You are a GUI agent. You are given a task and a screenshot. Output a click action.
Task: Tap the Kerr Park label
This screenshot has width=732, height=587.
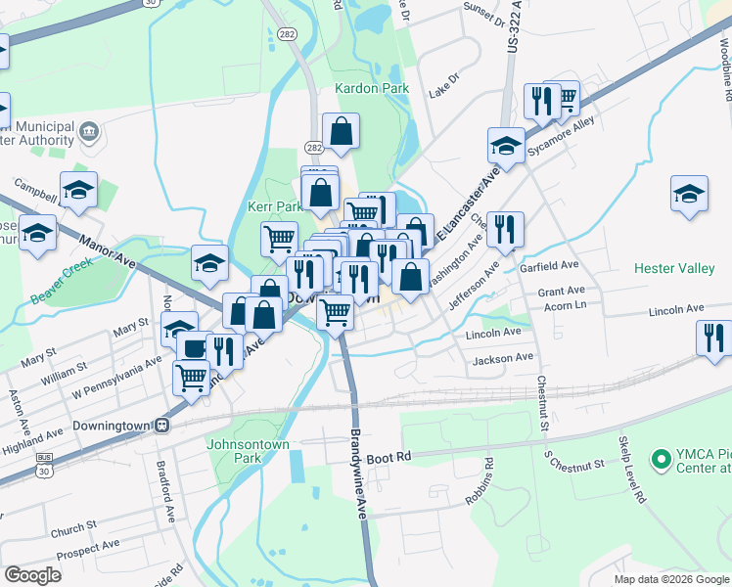pos(275,207)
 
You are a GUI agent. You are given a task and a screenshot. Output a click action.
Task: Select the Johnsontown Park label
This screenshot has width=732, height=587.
pos(249,450)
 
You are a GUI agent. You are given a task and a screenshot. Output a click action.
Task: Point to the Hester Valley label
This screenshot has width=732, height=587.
pos(674,267)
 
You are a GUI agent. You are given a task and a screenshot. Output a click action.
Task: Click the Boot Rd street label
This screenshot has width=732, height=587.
pos(389,458)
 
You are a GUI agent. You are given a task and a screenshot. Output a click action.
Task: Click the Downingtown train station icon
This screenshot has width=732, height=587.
pos(164,427)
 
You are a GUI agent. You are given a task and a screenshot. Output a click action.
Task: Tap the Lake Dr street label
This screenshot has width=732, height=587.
pos(443,85)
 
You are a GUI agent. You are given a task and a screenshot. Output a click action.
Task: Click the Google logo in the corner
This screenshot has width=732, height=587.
pos(31,575)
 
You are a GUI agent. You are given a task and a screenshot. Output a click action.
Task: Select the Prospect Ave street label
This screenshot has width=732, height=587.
pos(87,548)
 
